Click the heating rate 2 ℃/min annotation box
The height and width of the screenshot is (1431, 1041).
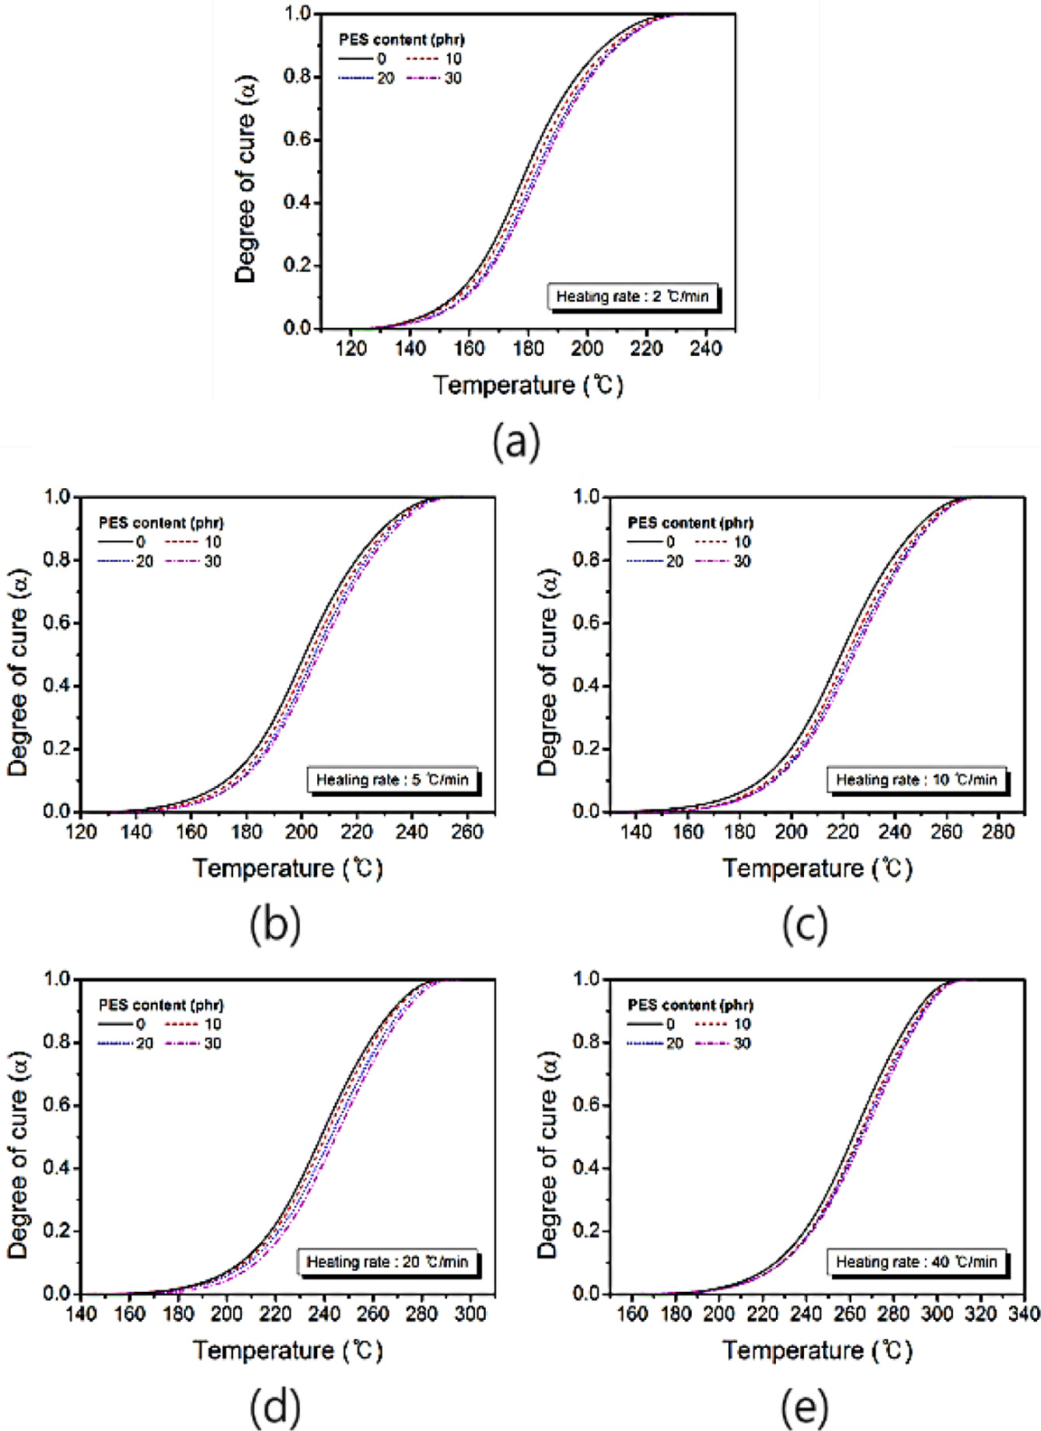pos(632,296)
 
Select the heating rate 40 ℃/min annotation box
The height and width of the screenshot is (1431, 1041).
pos(916,1262)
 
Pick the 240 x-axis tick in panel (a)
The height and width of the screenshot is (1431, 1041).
pos(705,348)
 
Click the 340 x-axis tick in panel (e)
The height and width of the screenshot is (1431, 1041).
pos(1023,1314)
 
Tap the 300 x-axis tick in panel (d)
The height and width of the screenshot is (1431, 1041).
pos(470,1314)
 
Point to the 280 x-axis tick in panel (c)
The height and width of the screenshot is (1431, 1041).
pos(997,832)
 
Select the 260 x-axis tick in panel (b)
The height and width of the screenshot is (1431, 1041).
pos(466,832)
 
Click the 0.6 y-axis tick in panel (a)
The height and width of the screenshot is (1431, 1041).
pos(297,139)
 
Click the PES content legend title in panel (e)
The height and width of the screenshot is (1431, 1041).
pos(690,1005)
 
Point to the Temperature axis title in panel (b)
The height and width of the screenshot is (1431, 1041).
pos(288,868)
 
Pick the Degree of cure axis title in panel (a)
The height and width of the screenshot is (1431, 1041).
pos(246,179)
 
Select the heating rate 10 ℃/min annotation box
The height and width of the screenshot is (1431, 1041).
pos(916,780)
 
